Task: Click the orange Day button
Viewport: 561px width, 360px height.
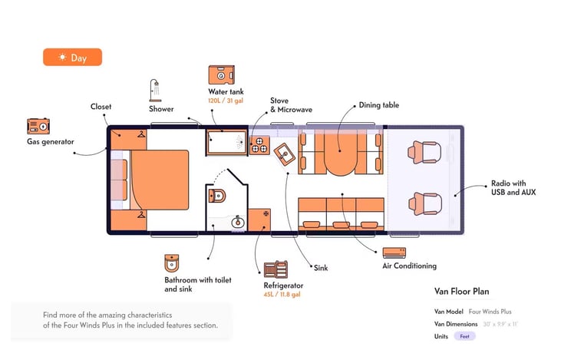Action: coord(72,58)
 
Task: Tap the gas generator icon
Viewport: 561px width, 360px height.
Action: coord(38,126)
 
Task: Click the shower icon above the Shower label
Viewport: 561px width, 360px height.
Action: coord(155,91)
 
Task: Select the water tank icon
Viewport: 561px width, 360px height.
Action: coord(222,74)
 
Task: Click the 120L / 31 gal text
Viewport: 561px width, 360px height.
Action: coord(226,101)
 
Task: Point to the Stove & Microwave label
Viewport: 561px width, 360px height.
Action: coord(291,105)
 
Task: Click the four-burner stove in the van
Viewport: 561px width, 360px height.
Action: coord(259,145)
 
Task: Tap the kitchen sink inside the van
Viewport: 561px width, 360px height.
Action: coord(285,154)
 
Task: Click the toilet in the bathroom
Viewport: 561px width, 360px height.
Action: coord(217,196)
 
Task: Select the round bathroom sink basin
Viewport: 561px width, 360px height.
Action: coord(238,223)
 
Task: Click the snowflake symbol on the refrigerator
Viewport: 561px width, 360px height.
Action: coord(266,213)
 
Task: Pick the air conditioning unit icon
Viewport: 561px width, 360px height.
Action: coord(394,253)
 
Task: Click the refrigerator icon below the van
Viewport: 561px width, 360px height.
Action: coord(276,269)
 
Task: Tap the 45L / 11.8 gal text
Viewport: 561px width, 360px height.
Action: coord(282,295)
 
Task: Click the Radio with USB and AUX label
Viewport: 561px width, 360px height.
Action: coord(513,188)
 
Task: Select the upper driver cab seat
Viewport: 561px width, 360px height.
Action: coord(424,152)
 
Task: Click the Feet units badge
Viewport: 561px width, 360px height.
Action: coord(465,336)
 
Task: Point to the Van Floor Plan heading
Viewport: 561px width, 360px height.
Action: coord(461,291)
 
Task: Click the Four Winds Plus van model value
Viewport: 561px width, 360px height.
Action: coord(490,312)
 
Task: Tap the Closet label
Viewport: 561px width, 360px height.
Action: coord(101,107)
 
